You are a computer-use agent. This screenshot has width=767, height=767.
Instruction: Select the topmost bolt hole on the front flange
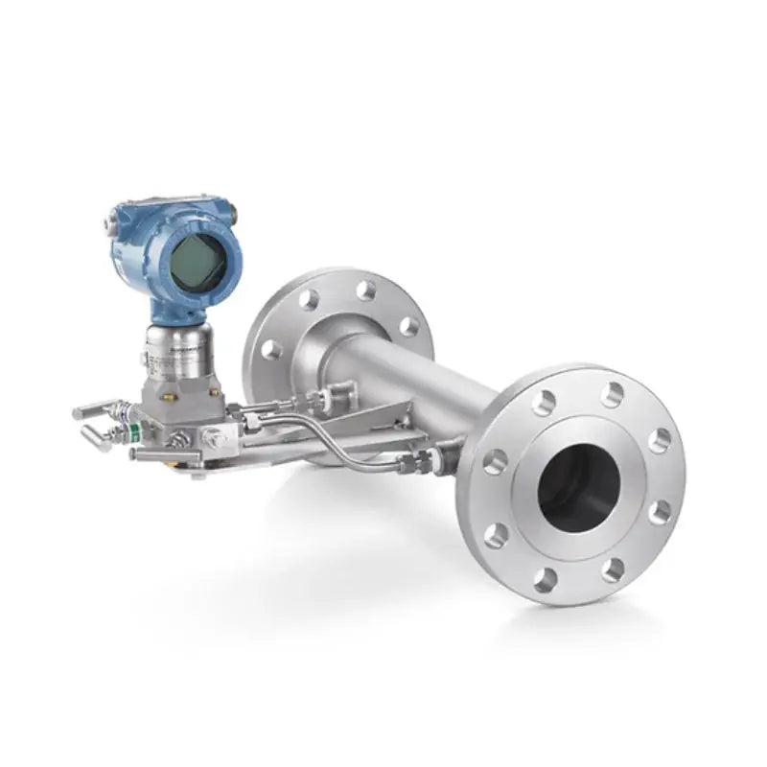tap(610, 394)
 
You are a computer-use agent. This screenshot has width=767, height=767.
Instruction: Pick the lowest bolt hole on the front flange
tap(546, 578)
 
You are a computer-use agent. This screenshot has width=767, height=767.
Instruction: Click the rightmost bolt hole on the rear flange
tap(409, 327)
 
